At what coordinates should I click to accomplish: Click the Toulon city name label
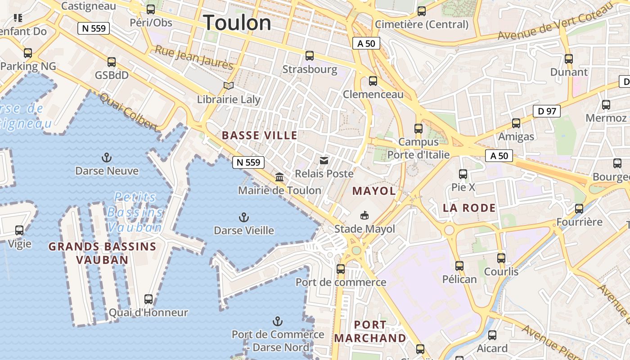(x=237, y=23)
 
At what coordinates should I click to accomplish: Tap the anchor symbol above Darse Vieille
(x=243, y=218)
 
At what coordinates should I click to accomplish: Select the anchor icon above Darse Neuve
(x=107, y=157)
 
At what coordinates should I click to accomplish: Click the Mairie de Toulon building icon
(x=279, y=177)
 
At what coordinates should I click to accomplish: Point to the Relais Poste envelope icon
(x=324, y=161)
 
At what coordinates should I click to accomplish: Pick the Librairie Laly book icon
(x=229, y=85)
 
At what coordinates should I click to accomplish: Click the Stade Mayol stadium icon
(x=364, y=216)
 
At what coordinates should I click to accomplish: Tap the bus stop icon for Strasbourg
(x=310, y=56)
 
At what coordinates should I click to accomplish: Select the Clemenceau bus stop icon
(x=373, y=81)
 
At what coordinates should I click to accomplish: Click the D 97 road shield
(x=547, y=111)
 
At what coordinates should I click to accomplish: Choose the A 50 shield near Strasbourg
(x=366, y=43)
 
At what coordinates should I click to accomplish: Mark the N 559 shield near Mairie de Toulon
(x=248, y=162)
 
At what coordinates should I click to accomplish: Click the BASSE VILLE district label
(x=260, y=135)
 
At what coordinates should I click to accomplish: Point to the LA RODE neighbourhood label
(x=469, y=208)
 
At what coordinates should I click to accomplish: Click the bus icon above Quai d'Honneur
(x=148, y=299)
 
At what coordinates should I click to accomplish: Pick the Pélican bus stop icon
(x=459, y=266)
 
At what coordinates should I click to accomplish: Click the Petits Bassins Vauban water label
(x=135, y=212)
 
